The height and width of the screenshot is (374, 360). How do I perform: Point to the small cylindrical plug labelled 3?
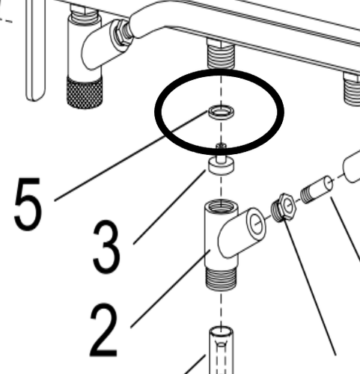(219, 165)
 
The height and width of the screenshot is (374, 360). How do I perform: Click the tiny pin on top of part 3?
(220, 148)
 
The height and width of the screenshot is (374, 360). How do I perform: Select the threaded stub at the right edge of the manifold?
(352, 88)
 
